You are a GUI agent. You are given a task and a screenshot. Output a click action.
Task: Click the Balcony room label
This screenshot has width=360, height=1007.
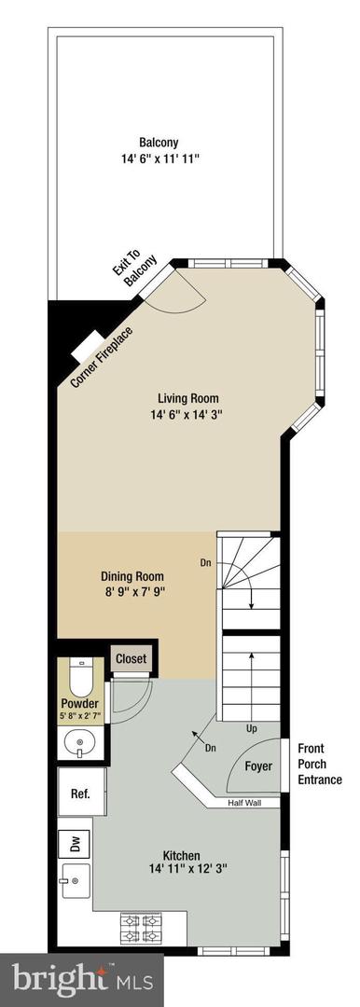point(159,143)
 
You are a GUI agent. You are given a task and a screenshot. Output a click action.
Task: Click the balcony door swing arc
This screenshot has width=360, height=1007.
point(182,297)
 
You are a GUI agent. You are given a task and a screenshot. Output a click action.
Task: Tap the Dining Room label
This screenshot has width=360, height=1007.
point(132,573)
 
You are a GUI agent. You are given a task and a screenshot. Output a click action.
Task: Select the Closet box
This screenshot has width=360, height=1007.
point(131,658)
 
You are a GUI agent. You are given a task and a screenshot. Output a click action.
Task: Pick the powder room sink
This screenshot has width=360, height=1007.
point(79,744)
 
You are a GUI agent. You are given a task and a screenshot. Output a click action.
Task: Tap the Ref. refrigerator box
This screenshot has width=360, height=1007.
point(79,794)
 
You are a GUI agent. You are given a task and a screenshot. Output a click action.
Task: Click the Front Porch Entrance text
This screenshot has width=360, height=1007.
point(319,764)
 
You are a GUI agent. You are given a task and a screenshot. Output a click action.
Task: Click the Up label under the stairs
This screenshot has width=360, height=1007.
point(250,727)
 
